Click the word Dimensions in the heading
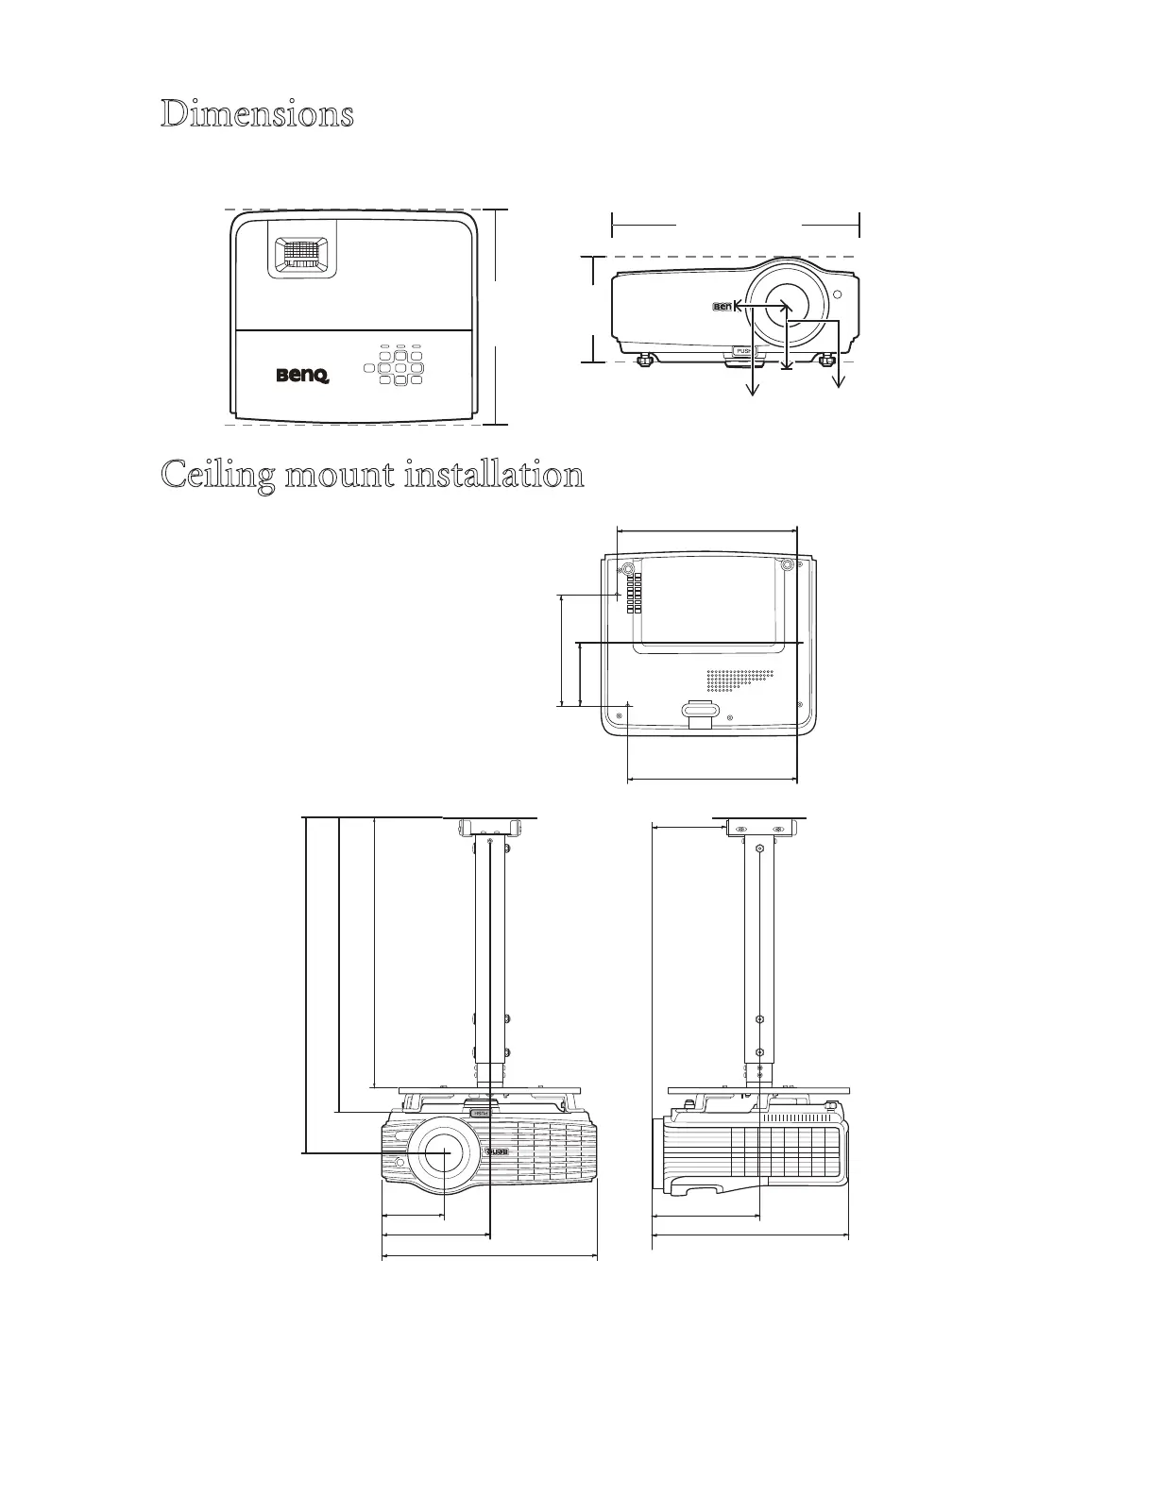[x=257, y=114]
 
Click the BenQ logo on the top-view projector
[x=302, y=376]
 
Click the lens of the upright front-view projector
[x=786, y=306]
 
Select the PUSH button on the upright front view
[x=742, y=353]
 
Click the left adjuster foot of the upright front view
[x=646, y=360]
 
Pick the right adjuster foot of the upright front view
[x=828, y=360]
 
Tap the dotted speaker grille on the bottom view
[x=740, y=678]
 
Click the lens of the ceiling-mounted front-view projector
[x=441, y=1152]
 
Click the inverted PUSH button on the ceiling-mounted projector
[x=480, y=1114]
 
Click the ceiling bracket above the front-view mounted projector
[x=489, y=828]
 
